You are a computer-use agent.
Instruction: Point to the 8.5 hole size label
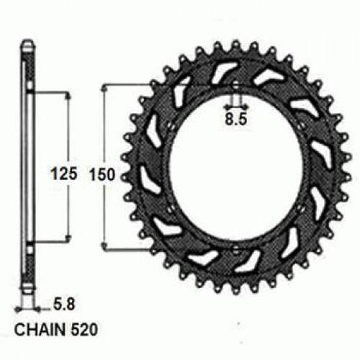point(235,121)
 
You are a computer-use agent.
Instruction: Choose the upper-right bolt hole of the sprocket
point(302,133)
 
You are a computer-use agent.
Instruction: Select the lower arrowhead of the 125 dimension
point(69,238)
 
